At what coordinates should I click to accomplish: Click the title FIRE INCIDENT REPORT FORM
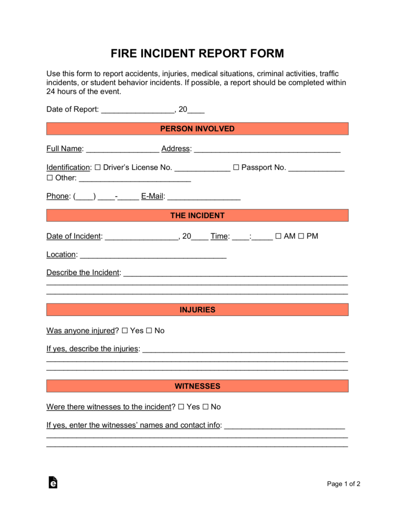(197, 53)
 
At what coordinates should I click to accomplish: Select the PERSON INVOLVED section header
(197, 129)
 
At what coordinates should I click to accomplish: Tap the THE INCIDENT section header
(197, 215)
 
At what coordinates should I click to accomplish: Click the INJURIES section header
(197, 310)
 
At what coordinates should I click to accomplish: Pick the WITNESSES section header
(197, 386)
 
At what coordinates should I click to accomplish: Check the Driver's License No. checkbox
(97, 167)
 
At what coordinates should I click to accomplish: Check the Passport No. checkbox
(236, 167)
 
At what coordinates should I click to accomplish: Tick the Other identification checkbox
(49, 178)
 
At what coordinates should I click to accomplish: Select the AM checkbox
(278, 236)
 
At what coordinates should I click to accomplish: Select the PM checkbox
(301, 236)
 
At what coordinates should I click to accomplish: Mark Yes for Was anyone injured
(125, 330)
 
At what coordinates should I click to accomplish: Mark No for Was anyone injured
(149, 330)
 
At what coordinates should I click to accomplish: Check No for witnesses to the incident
(205, 407)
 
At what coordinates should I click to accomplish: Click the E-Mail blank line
(204, 197)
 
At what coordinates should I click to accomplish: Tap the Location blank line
(153, 255)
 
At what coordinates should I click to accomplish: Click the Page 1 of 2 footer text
(344, 483)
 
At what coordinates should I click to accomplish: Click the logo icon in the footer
(53, 482)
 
